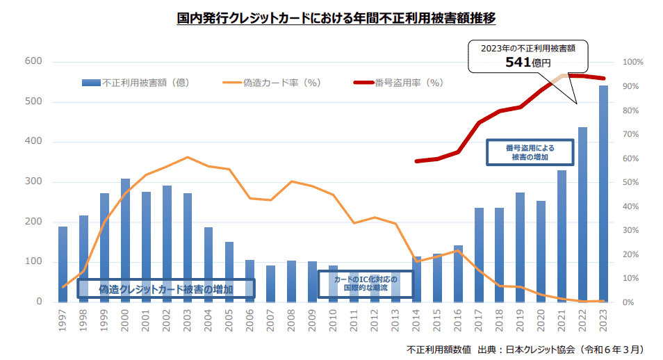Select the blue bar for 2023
click(x=604, y=195)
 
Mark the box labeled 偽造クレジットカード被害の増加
click(x=165, y=288)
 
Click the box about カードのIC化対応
click(x=365, y=284)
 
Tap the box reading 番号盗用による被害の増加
click(x=530, y=152)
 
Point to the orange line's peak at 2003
click(x=188, y=157)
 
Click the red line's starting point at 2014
click(x=416, y=161)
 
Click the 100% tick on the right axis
click(x=632, y=63)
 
